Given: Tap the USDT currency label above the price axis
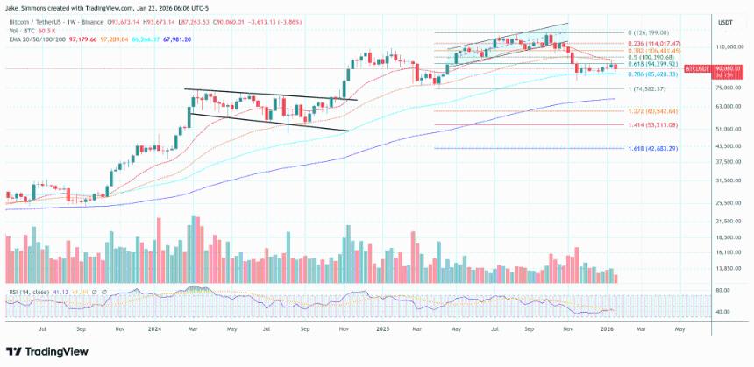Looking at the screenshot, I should point(725,22).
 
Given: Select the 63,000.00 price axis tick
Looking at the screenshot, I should point(729,107).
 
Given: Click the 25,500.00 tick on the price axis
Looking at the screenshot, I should point(729,202).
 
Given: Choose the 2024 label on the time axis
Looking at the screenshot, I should point(154,330).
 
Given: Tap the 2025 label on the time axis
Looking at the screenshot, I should point(382,330).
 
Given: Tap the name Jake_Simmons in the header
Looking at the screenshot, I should point(27,6).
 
